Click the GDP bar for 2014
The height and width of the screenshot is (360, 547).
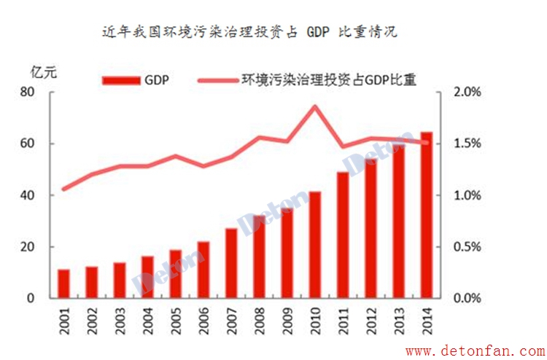click(x=426, y=215)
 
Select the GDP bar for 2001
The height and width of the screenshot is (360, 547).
click(x=63, y=283)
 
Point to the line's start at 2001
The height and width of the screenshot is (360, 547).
click(x=63, y=189)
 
